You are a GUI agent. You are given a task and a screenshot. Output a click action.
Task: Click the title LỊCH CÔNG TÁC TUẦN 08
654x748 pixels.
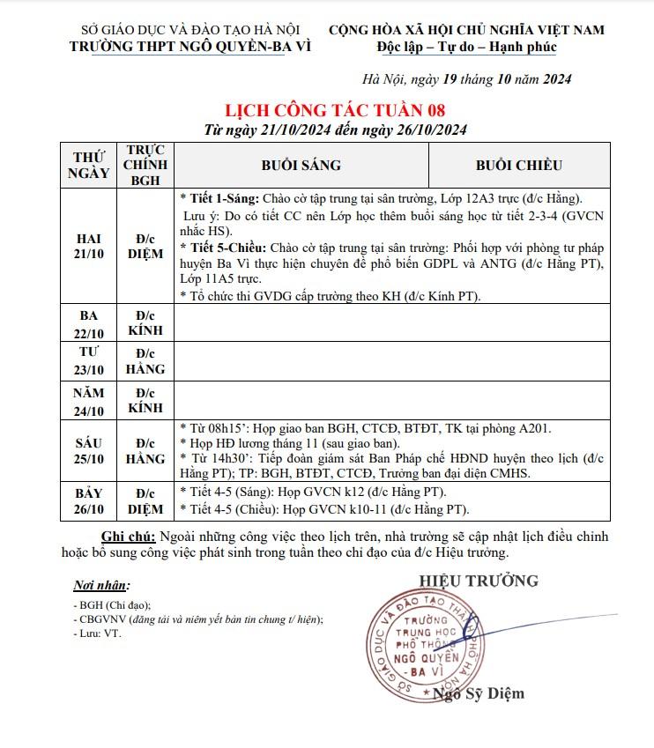[x=336, y=110]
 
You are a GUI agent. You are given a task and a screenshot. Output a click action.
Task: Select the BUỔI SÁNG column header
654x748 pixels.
[x=301, y=165]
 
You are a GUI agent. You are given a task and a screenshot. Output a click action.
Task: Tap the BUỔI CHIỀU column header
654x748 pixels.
[x=518, y=165]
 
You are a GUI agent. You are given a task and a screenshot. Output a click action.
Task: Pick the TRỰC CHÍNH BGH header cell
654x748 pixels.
[x=145, y=165]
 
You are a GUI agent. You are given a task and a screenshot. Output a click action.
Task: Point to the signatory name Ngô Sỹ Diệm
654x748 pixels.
[x=479, y=693]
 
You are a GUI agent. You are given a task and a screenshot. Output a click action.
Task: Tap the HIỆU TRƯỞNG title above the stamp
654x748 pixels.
[x=479, y=581]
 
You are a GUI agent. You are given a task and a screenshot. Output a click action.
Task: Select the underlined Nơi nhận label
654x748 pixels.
[x=101, y=585]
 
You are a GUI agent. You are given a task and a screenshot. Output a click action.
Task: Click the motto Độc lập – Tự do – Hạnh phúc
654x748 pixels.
[x=466, y=47]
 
